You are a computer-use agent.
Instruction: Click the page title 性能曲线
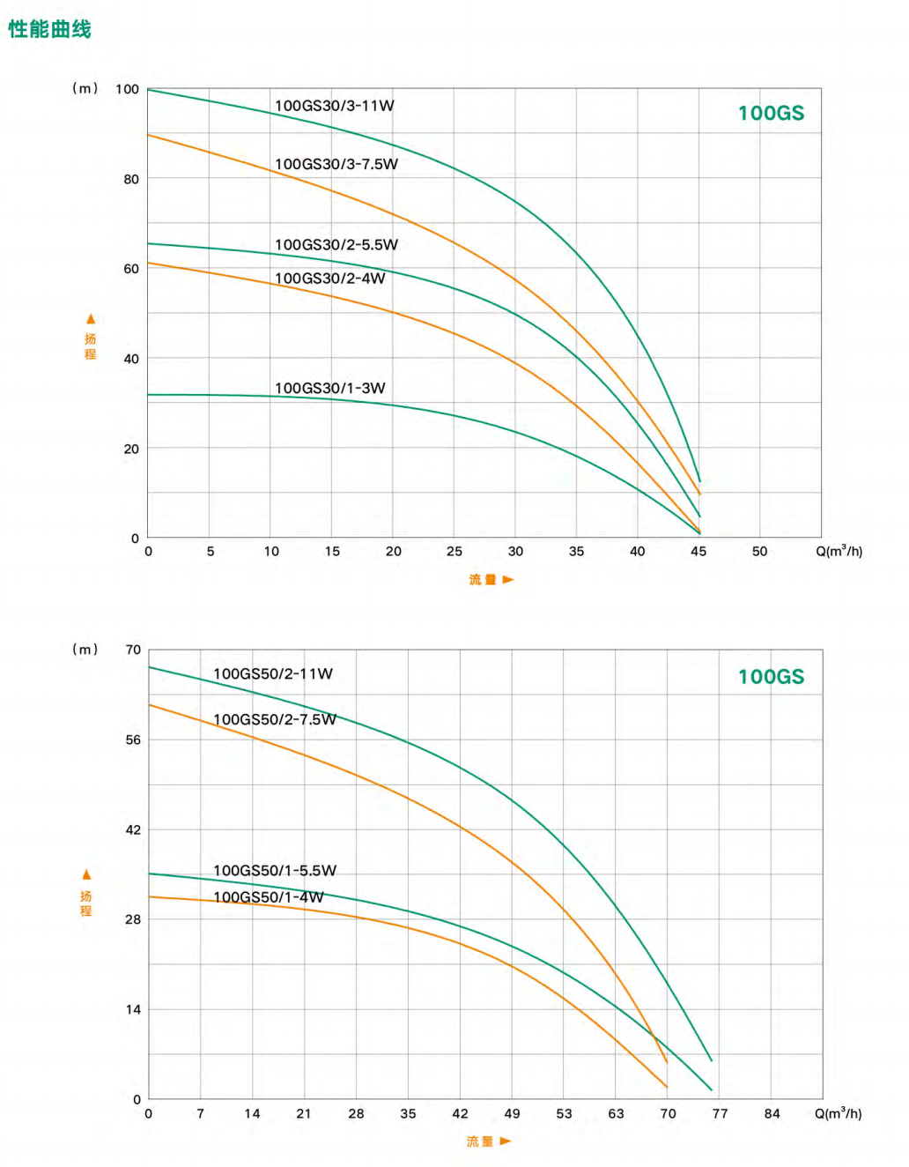click(49, 29)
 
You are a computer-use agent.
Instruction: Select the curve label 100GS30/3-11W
click(334, 106)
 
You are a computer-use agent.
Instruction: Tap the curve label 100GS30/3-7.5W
click(336, 164)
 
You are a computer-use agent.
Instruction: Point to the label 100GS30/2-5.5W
click(336, 245)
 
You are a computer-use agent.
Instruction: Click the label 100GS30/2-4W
click(329, 279)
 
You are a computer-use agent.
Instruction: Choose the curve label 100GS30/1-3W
click(329, 388)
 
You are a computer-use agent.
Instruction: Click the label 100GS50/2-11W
click(273, 674)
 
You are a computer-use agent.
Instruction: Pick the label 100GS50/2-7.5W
click(275, 719)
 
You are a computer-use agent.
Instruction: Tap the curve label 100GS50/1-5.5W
click(275, 871)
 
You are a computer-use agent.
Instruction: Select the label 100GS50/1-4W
click(269, 897)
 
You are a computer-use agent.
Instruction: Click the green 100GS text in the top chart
click(771, 113)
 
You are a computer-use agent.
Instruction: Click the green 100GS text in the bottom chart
click(771, 677)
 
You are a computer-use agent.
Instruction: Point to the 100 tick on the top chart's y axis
click(127, 89)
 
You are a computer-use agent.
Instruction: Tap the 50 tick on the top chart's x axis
click(759, 552)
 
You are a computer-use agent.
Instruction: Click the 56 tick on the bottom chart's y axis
click(133, 740)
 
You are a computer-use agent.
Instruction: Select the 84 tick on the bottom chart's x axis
click(772, 1114)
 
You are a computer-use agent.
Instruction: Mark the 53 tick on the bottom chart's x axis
click(564, 1114)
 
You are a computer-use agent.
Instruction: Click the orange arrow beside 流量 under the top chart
click(508, 580)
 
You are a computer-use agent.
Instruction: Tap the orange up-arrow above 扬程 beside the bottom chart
click(86, 874)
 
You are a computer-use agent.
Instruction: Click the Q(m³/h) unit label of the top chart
click(839, 551)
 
